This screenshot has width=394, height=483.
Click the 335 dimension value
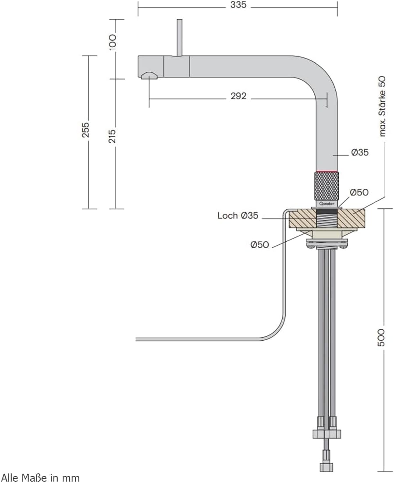(x=238, y=5)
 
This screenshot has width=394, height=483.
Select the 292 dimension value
(x=238, y=96)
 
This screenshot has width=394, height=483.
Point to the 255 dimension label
(x=86, y=130)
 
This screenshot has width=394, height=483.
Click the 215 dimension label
(x=113, y=136)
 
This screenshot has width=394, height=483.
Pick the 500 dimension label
(x=381, y=337)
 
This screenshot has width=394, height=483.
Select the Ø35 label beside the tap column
(x=359, y=153)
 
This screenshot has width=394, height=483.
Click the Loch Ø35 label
(x=238, y=216)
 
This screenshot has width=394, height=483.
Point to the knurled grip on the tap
(x=327, y=186)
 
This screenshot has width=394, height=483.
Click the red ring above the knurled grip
(x=327, y=170)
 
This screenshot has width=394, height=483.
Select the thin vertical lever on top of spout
(x=179, y=37)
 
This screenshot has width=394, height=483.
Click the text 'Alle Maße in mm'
(x=40, y=477)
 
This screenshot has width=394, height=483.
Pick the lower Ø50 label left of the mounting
(x=259, y=245)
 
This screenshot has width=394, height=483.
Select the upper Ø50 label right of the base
(x=359, y=192)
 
